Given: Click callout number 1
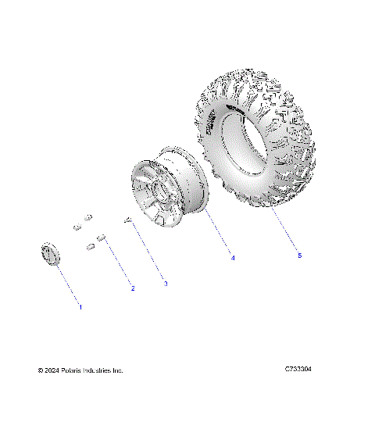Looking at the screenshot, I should pyautogui.click(x=79, y=308).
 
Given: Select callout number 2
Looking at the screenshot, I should pyautogui.click(x=132, y=288).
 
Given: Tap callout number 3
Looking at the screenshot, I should pyautogui.click(x=165, y=284).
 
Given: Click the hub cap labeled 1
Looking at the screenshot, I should pyautogui.click(x=50, y=254).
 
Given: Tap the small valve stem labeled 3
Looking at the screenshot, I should pyautogui.click(x=126, y=221).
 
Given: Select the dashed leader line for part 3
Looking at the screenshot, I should pyautogui.click(x=146, y=253).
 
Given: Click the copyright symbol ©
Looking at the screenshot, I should pyautogui.click(x=41, y=370).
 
